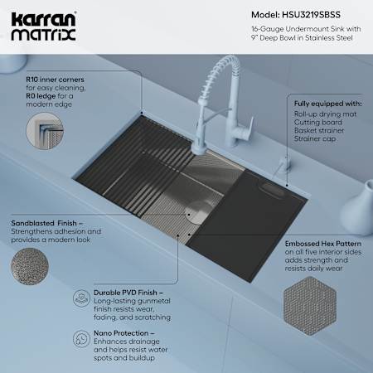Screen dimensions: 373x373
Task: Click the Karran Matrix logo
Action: click(43, 27)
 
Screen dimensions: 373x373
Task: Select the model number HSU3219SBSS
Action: click(311, 15)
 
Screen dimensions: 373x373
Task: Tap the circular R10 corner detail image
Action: click(45, 131)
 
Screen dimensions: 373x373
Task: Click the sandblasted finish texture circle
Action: click(30, 266)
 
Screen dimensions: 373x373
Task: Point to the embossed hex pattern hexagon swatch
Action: click(310, 306)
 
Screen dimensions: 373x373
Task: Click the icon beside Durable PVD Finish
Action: click(81, 298)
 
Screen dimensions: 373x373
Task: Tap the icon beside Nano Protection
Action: click(81, 338)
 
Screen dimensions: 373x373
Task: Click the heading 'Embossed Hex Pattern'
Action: click(323, 244)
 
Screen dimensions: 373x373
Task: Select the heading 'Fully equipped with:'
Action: click(327, 104)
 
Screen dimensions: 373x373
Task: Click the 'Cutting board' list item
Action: click(318, 122)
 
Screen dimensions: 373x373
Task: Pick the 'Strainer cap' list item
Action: click(315, 138)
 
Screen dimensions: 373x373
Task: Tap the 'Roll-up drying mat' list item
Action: click(325, 114)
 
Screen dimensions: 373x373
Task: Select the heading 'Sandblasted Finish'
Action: click(44, 223)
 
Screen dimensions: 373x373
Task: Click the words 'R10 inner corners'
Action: click(55, 80)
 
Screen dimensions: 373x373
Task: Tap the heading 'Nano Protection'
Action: click(121, 333)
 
